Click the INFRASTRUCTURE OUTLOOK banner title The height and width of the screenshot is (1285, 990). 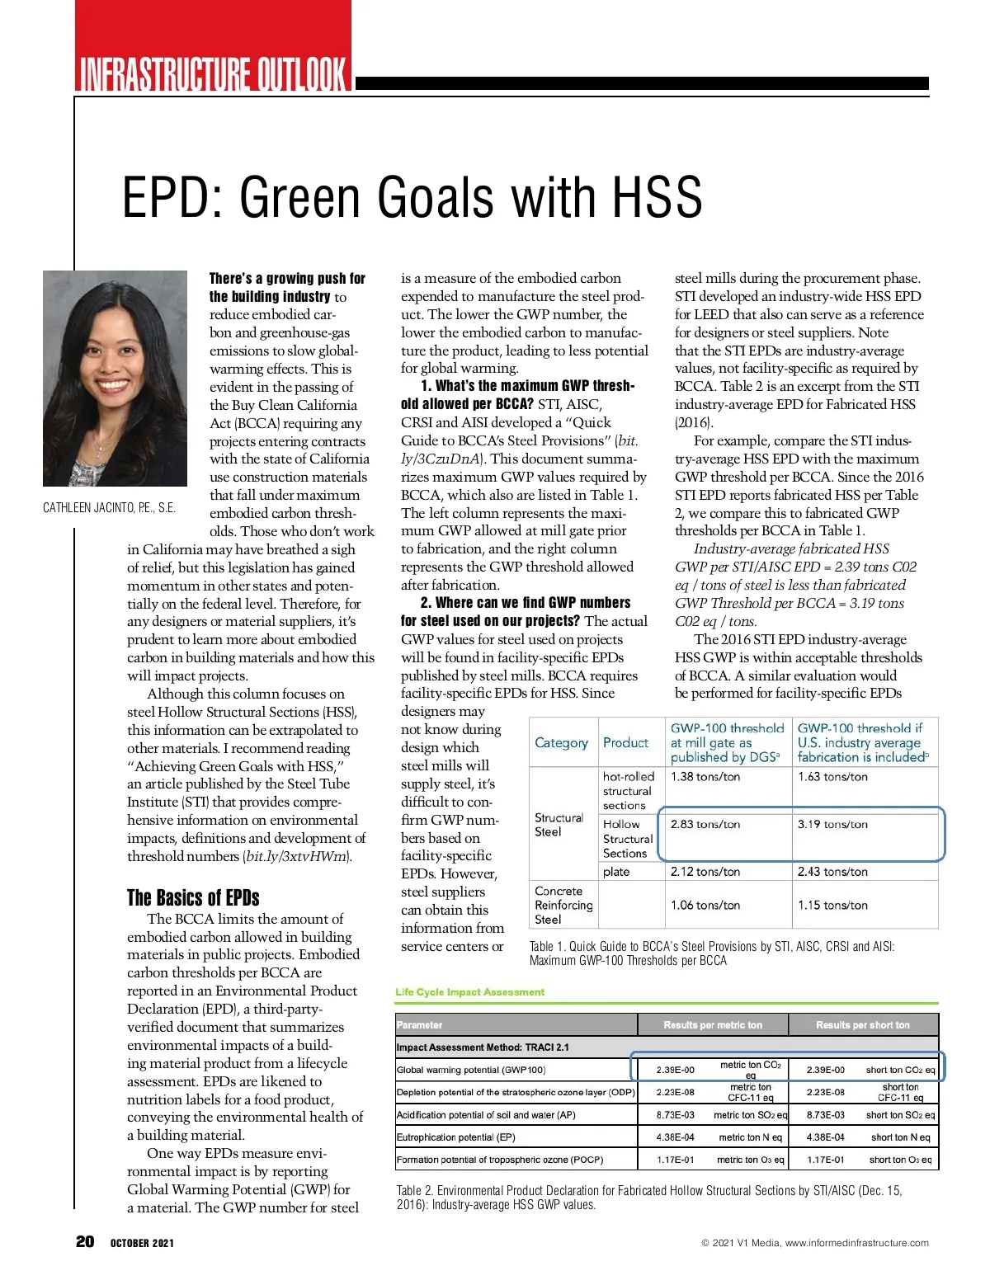[213, 73]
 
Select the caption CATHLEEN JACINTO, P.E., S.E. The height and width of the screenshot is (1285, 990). [110, 508]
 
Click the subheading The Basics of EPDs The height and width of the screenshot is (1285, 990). [193, 897]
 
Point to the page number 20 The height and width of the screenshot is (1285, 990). [85, 1242]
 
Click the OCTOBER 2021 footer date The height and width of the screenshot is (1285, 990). [143, 1243]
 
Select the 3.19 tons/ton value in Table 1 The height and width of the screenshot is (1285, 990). [832, 824]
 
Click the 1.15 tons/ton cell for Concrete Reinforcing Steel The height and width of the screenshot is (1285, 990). [832, 905]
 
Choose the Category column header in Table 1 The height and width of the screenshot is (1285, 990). [561, 742]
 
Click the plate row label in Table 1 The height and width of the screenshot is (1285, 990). [616, 872]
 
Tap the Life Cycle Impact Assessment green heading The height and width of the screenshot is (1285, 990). [470, 992]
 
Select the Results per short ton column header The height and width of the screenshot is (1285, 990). [863, 1025]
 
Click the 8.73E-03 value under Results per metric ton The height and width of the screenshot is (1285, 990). [676, 1115]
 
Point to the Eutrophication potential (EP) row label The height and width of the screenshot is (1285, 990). [456, 1137]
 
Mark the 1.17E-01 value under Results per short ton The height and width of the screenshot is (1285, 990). [826, 1160]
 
